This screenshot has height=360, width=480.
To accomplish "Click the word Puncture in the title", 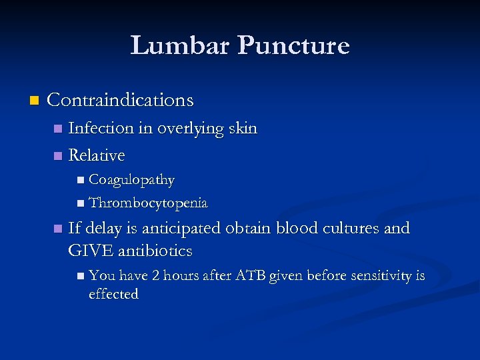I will click(293, 46).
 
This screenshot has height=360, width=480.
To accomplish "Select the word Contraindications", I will click(121, 101).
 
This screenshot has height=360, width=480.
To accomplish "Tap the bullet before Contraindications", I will click(35, 101).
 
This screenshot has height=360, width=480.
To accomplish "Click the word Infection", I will click(101, 128).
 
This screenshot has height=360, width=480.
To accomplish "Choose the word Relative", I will click(97, 155).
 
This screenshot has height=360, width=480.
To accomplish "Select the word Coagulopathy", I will click(131, 180).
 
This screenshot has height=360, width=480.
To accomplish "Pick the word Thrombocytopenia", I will click(148, 203).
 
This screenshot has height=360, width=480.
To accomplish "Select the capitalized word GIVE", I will click(91, 251).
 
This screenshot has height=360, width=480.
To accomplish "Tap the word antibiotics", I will click(155, 251).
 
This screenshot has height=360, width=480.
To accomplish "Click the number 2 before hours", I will click(155, 275).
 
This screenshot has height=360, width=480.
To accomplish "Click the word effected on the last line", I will click(113, 294).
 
